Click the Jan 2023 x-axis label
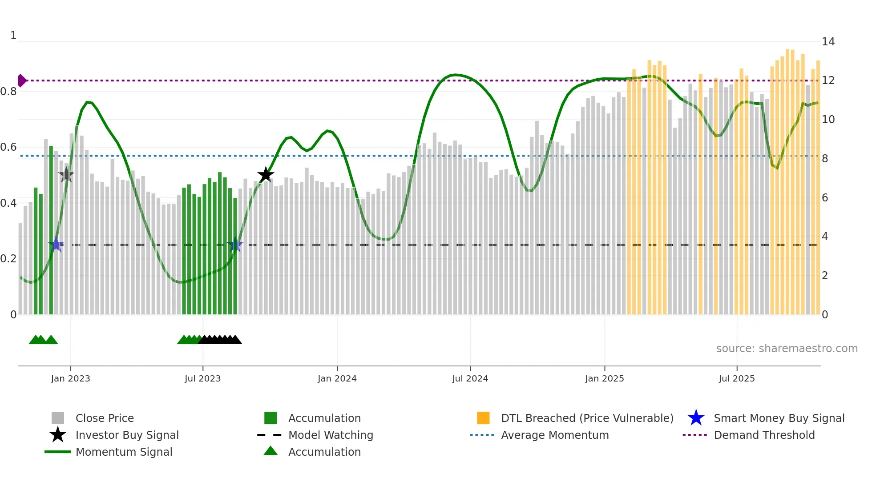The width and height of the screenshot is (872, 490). tap(70, 378)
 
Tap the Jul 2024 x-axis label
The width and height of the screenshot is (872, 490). tap(470, 378)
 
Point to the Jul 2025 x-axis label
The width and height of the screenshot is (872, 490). tap(736, 378)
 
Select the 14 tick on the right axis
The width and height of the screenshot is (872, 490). tap(828, 42)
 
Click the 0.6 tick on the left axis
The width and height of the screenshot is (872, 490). tap(9, 147)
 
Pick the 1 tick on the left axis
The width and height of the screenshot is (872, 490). tap(13, 36)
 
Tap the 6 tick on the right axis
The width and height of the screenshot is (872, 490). tap(825, 198)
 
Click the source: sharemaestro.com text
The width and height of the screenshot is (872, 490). tap(787, 349)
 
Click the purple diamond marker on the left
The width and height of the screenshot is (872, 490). tap(21, 80)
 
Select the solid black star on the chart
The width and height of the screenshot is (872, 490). tap(266, 175)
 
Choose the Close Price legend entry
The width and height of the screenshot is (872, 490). tap(105, 418)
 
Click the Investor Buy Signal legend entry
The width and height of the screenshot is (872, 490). tap(127, 435)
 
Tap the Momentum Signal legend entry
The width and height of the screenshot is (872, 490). tap(124, 452)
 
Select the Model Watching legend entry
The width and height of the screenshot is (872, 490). tap(331, 435)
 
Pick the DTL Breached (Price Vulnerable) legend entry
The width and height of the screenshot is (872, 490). tap(587, 418)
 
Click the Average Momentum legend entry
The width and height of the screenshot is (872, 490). tap(555, 435)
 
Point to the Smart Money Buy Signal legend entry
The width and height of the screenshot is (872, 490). tap(779, 418)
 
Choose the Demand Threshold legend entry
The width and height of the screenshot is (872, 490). tap(764, 435)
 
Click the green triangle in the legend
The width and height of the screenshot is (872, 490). tap(270, 451)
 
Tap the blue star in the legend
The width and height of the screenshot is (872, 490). tap(696, 418)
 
